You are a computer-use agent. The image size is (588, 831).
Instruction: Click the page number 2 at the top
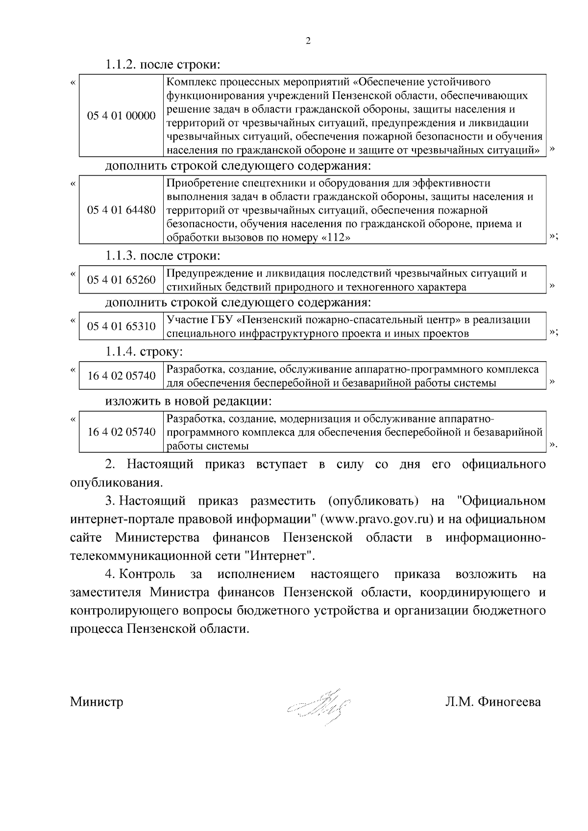pos(308,41)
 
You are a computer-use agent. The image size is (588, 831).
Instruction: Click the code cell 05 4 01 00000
pos(121,116)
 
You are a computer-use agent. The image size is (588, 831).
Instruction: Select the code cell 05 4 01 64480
pos(121,210)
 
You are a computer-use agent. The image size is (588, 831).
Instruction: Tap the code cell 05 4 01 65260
pos(121,280)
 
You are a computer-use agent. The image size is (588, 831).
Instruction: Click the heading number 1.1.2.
pos(121,65)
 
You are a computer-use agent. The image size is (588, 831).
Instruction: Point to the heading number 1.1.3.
pos(121,255)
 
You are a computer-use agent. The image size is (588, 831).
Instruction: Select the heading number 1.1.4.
pos(121,351)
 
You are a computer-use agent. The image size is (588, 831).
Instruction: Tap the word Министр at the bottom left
pos(96,702)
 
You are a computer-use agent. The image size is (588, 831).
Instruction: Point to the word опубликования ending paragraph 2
pos(116,483)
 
